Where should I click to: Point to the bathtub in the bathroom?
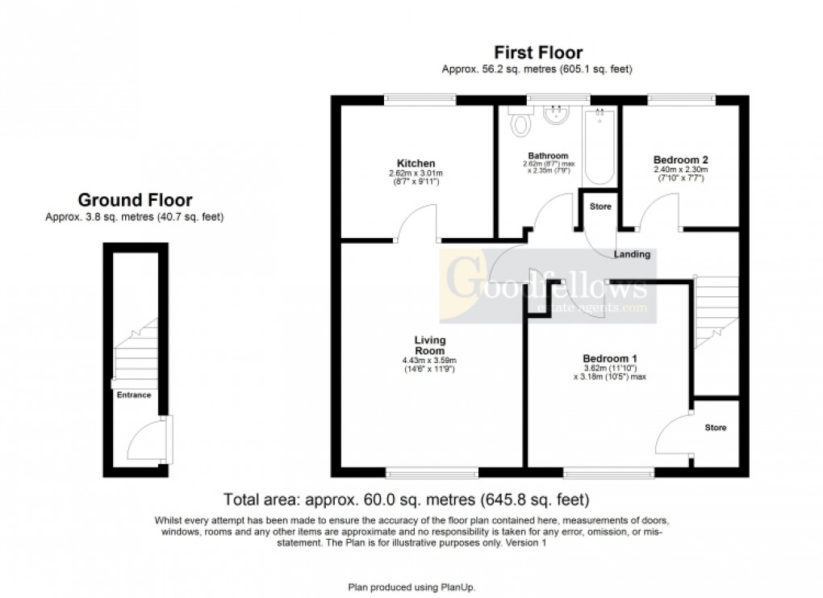click(x=599, y=145)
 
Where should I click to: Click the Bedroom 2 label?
click(x=680, y=160)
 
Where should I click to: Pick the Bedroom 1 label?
click(x=610, y=358)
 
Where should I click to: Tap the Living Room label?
click(x=430, y=345)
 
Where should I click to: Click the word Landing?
click(x=632, y=254)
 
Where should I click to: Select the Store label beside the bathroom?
click(x=601, y=207)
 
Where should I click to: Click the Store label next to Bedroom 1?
click(x=715, y=428)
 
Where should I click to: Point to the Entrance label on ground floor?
click(x=134, y=395)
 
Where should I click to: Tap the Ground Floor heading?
click(x=135, y=200)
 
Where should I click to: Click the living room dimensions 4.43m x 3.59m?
click(x=430, y=360)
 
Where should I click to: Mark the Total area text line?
click(x=411, y=499)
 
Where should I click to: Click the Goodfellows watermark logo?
click(x=543, y=287)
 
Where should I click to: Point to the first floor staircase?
click(x=716, y=311)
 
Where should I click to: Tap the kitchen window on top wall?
click(x=419, y=99)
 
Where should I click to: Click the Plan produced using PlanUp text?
click(x=417, y=587)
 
